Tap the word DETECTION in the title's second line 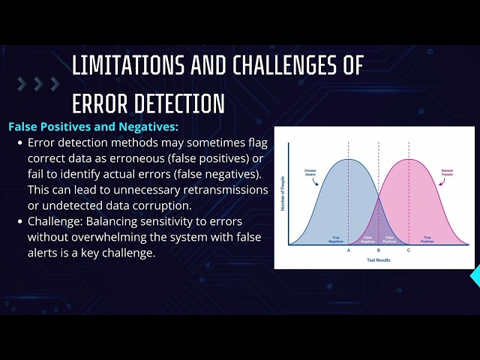point(173,103)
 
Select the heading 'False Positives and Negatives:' point(93,127)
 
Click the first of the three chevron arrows point(22,83)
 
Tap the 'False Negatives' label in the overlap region point(368,239)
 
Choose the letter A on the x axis point(349,250)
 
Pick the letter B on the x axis point(379,250)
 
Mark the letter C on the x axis point(409,250)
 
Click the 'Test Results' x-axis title point(379,259)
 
